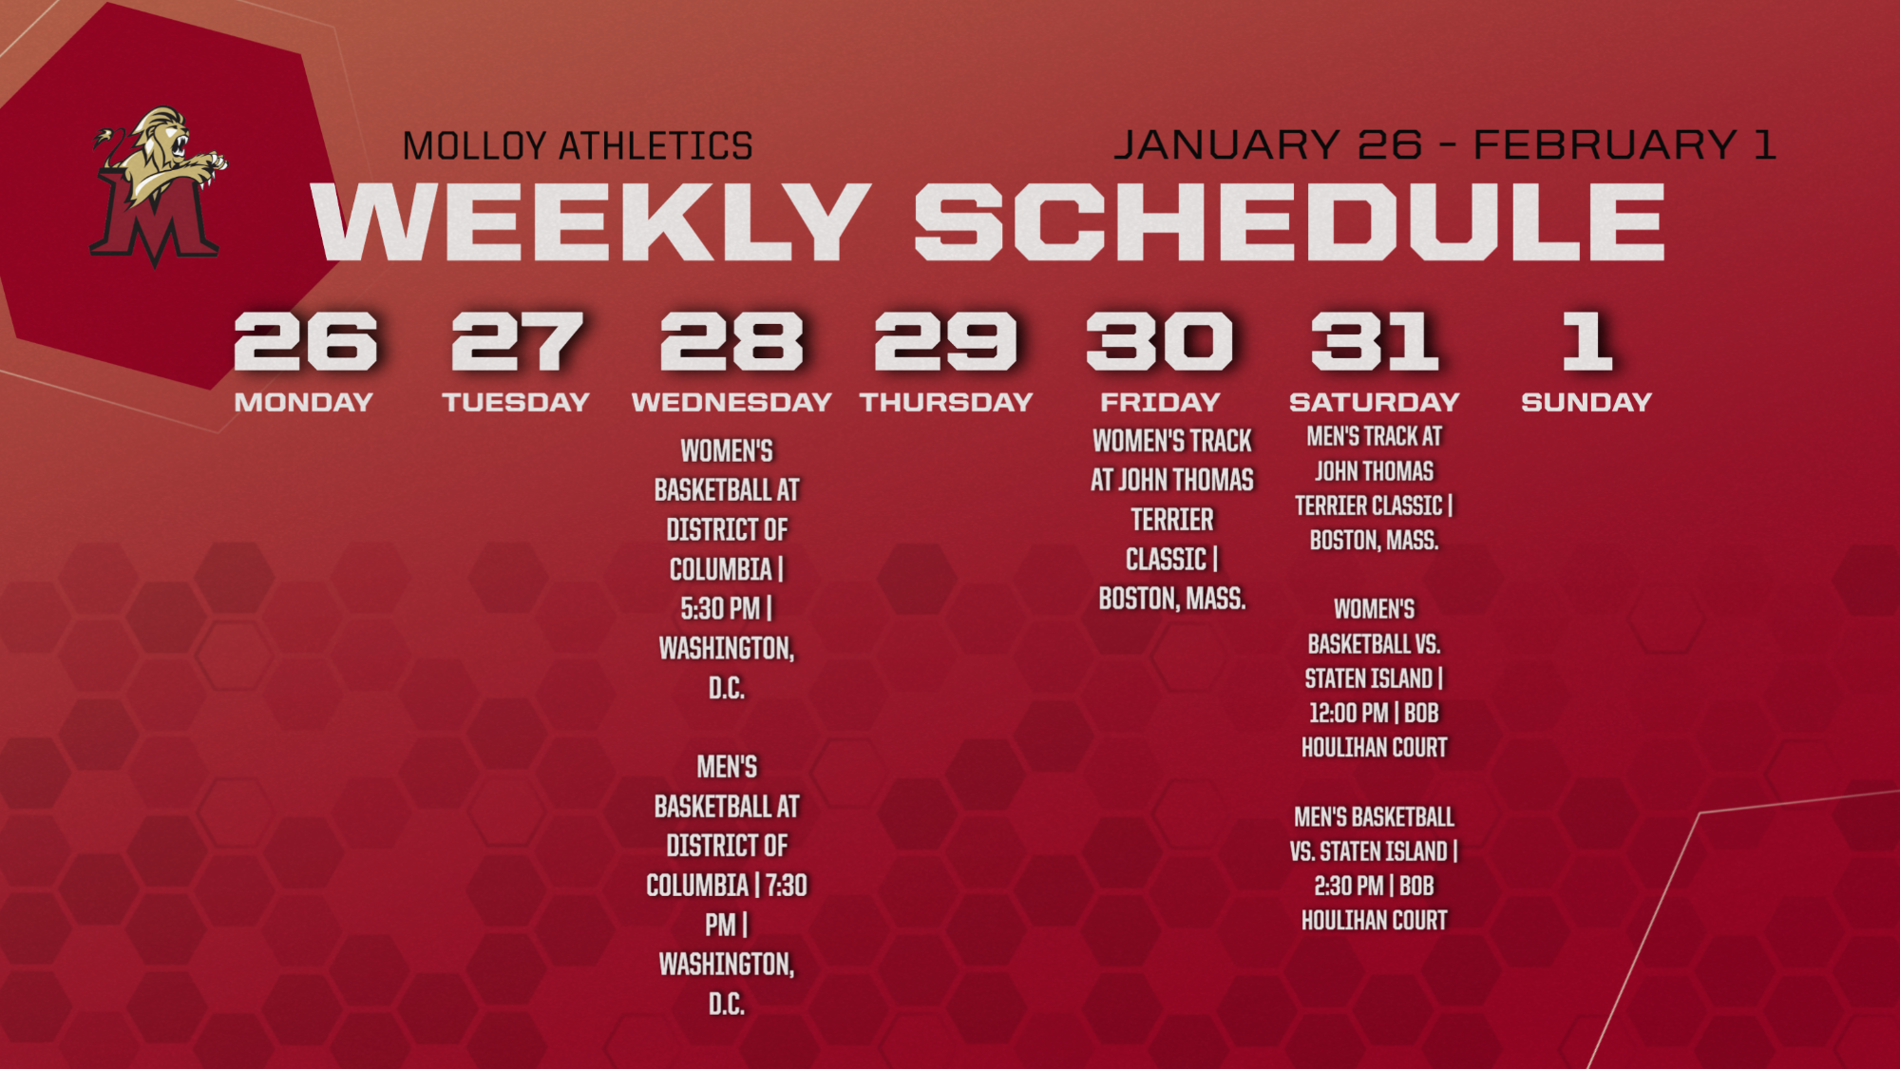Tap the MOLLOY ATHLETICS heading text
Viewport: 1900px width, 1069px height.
(578, 146)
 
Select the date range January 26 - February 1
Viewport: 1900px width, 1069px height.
(1444, 144)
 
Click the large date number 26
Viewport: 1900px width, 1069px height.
(305, 341)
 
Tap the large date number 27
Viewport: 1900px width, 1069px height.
(517, 341)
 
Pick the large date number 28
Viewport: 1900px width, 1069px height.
(731, 341)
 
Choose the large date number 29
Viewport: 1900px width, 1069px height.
(946, 341)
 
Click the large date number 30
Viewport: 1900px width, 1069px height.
(1160, 341)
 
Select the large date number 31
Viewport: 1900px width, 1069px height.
(1375, 341)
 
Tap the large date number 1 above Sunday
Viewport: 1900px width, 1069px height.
(1587, 341)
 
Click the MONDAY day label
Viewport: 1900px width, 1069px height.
(303, 402)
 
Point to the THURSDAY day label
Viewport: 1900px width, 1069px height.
(946, 402)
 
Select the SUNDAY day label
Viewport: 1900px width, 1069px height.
(1586, 402)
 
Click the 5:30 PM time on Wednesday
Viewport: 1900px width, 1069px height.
(720, 608)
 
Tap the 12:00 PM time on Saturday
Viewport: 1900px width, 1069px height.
(1349, 713)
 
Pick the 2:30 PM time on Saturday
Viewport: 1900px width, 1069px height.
(1348, 886)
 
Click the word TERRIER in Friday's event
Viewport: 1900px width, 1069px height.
(1172, 520)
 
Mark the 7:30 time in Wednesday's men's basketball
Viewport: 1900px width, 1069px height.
(787, 886)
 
